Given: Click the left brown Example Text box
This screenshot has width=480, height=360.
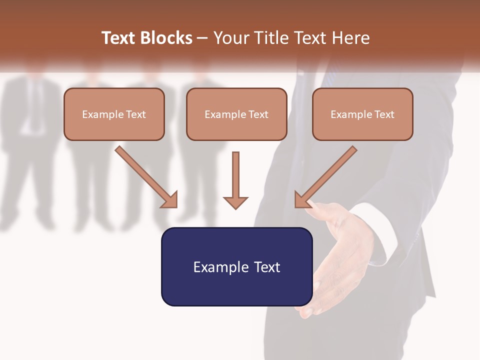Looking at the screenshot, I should click(x=114, y=114).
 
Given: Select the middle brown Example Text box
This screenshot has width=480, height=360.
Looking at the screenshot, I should click(x=236, y=114).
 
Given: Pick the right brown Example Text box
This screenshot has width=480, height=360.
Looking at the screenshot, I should click(x=362, y=114).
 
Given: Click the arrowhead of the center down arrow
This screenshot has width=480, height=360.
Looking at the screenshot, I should click(x=235, y=202).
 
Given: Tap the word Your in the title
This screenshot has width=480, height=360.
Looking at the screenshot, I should click(x=230, y=38).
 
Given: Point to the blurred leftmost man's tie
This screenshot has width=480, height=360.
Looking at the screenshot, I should click(x=35, y=100).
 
